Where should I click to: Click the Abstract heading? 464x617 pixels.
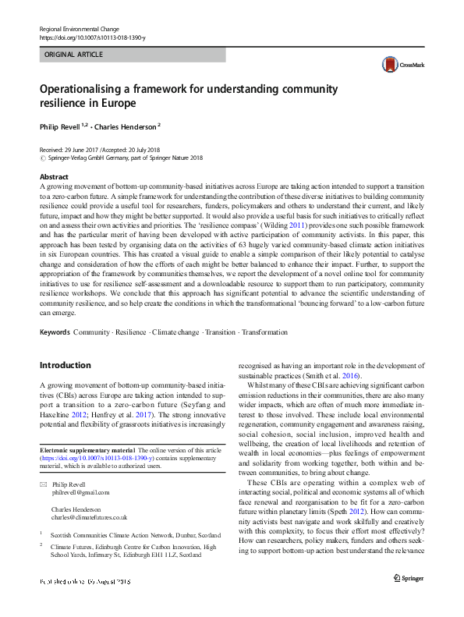[x=54, y=177]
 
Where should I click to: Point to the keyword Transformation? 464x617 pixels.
[x=264, y=332]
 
